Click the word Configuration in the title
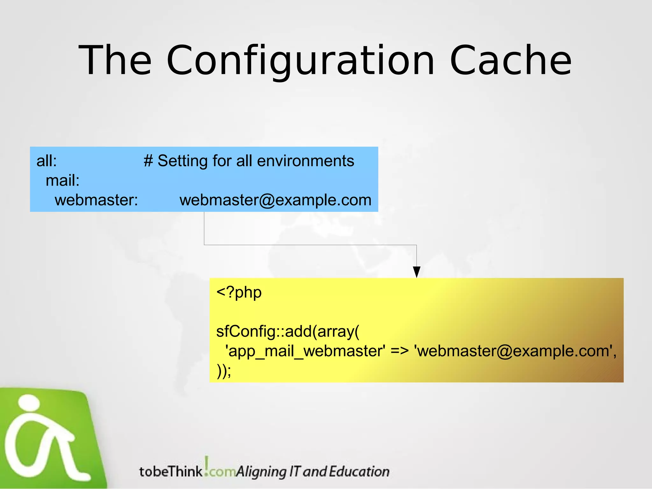[300, 60]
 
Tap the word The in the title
[115, 60]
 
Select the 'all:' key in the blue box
[46, 161]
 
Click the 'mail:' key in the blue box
[62, 181]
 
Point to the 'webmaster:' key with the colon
[96, 200]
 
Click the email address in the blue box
[275, 200]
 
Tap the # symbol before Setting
[148, 161]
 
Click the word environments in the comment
[305, 161]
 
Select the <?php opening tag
[239, 292]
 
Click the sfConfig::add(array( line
[287, 331]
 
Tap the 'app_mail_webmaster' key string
[305, 351]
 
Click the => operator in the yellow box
[400, 351]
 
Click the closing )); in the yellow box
[224, 371]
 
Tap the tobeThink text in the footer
[171, 471]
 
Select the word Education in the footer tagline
[359, 471]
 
